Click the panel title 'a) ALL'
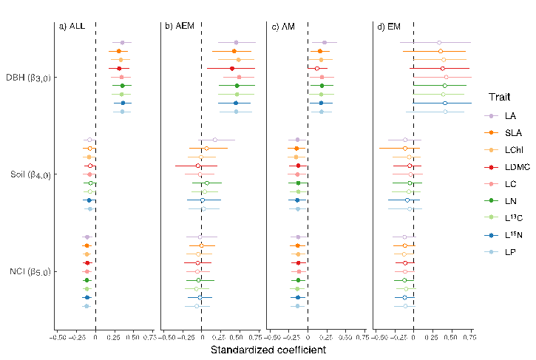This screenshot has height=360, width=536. (x=72, y=27)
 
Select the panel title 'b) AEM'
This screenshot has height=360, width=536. (x=179, y=27)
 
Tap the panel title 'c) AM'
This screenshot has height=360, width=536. (x=285, y=27)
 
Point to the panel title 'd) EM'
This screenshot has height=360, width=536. (x=389, y=27)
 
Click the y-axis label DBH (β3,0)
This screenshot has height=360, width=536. (x=28, y=78)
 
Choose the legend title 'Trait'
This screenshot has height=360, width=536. (x=498, y=98)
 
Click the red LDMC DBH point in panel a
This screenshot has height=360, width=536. (x=119, y=69)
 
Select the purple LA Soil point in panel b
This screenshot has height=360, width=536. (x=215, y=140)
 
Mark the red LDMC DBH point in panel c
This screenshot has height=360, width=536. (x=317, y=69)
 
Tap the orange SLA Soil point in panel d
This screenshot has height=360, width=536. (x=405, y=149)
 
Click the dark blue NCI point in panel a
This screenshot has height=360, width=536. (x=87, y=297)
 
